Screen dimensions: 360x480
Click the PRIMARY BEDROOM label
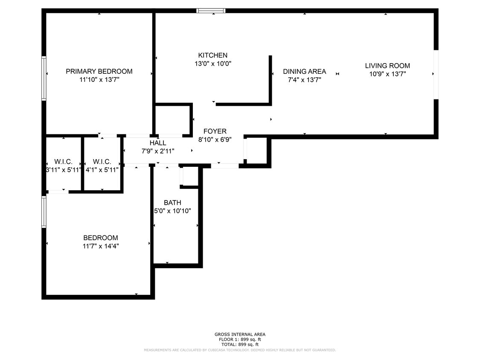click(x=99, y=71)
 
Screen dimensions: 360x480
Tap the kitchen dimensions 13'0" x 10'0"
click(x=212, y=64)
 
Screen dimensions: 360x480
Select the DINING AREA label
click(x=304, y=71)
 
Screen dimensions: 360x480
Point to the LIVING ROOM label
click(x=387, y=66)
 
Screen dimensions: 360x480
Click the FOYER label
click(x=215, y=131)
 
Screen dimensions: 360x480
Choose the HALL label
click(x=158, y=143)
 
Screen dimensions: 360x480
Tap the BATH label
click(x=172, y=203)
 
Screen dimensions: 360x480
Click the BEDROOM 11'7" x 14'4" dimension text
click(x=101, y=246)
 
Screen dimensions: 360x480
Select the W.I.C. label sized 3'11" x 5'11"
click(x=63, y=162)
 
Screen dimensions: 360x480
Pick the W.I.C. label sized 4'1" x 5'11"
click(x=102, y=162)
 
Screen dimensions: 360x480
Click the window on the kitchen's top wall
click(x=211, y=11)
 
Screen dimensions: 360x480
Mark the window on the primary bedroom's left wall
click(x=44, y=78)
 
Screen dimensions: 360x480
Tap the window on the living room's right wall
click(x=436, y=75)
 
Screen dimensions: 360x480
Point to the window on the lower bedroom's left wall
click(x=44, y=212)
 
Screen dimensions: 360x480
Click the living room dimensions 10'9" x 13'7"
click(x=387, y=74)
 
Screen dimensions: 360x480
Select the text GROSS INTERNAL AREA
click(x=240, y=334)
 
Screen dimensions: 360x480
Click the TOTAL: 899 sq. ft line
click(x=240, y=344)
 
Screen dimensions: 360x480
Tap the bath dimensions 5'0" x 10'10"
click(x=172, y=211)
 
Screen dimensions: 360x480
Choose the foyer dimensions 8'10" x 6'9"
click(x=215, y=139)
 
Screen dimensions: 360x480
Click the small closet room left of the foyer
click(x=173, y=120)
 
